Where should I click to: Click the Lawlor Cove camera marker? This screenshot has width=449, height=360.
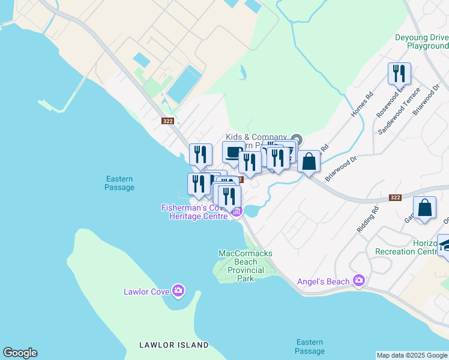[x=178, y=292]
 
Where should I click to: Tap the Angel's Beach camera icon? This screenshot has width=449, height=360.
[x=359, y=280]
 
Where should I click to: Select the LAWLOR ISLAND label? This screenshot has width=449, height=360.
[x=173, y=345]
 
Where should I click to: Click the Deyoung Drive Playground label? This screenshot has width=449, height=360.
[x=421, y=41]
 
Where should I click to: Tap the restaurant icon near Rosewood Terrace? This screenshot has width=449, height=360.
[x=399, y=74]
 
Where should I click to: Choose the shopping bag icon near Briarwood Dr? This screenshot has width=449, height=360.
[x=309, y=161]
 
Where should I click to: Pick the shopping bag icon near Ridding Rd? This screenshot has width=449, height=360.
[x=424, y=208]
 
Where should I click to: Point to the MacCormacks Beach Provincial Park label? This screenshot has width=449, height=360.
[x=246, y=266]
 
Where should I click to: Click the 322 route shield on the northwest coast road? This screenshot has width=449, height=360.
[x=169, y=121]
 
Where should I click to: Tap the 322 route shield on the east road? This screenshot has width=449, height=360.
[x=394, y=197]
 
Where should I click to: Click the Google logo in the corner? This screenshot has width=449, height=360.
[x=20, y=353]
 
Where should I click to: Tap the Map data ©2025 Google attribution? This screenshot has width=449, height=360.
[x=412, y=355]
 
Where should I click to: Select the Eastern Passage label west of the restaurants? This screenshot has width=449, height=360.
[x=119, y=183]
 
